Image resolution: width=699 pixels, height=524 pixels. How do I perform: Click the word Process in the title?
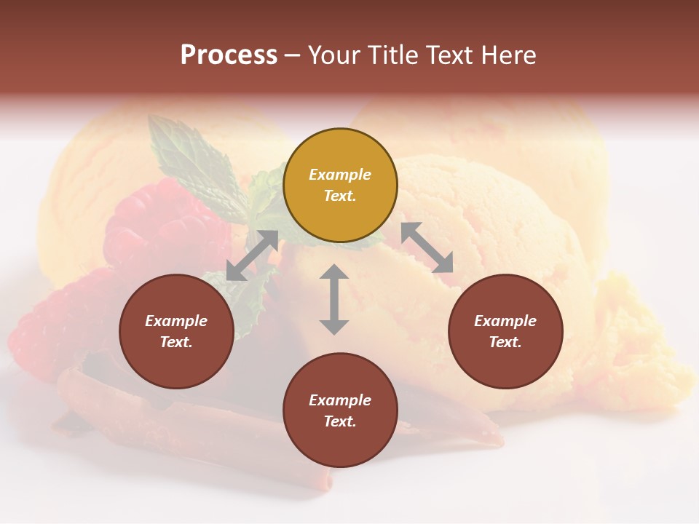[229, 55]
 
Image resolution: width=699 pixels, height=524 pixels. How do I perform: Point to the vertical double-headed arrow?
[334, 299]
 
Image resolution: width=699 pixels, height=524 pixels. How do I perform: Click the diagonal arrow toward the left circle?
[252, 255]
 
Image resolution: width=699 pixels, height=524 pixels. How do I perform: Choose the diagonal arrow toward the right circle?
[427, 247]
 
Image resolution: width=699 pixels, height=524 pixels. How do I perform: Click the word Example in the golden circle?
[340, 175]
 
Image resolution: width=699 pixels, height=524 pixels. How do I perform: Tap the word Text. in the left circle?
[176, 342]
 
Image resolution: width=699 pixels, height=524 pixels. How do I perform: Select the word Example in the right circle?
[505, 321]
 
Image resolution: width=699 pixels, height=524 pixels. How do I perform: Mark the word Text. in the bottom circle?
[340, 421]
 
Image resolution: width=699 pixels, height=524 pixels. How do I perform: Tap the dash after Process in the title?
[293, 55]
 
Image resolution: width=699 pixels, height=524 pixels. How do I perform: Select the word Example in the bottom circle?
[340, 400]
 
